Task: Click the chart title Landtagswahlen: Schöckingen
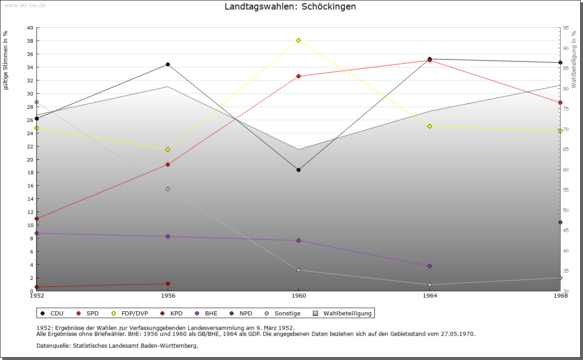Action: (x=290, y=7)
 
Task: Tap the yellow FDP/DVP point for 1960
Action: (x=298, y=41)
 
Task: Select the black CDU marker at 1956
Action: (x=168, y=64)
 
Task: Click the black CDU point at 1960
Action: (x=298, y=170)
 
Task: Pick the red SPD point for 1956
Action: (x=168, y=164)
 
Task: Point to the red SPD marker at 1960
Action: (x=298, y=76)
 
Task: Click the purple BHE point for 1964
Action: (x=430, y=266)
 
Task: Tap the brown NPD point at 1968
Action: (x=560, y=223)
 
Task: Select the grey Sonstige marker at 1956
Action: (x=168, y=189)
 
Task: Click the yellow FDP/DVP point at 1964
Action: (x=430, y=126)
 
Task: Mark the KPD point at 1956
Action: (x=168, y=284)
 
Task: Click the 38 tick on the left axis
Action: (x=30, y=41)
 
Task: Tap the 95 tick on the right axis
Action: (x=566, y=28)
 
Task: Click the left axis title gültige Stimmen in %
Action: (x=6, y=60)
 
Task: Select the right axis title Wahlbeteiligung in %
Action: (x=574, y=60)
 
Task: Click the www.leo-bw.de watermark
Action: (x=24, y=5)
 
